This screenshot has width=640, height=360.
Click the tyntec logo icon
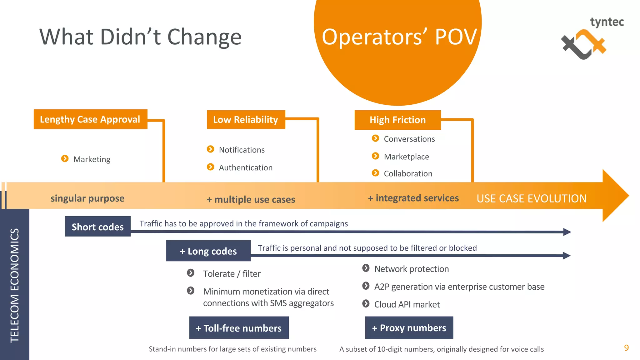point(583,44)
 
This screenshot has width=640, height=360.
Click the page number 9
point(626,348)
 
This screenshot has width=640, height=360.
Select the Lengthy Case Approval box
point(90,119)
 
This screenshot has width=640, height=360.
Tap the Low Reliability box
point(246,119)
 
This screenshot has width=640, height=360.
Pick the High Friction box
point(397,120)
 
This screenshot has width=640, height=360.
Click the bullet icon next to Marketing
point(65,159)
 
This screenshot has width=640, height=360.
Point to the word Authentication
point(246,168)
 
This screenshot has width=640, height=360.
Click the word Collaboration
point(408,174)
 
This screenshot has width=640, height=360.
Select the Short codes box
point(97,227)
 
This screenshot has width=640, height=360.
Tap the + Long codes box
point(208,251)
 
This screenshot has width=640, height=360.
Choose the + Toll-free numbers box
point(239,328)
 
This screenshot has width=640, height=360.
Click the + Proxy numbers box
point(409,328)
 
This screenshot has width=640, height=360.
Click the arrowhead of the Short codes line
point(567,232)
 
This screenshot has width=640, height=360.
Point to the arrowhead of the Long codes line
point(567,256)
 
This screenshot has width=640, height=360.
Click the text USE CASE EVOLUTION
point(531,198)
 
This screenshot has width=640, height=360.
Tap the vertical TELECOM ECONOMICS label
point(15,285)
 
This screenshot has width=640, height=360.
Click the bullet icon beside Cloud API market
point(366,304)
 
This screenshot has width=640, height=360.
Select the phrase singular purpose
point(87,198)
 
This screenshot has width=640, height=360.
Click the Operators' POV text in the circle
point(399,37)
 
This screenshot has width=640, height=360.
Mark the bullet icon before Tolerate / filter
point(191,273)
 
